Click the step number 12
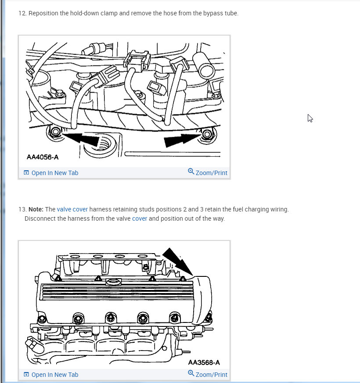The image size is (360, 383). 22,13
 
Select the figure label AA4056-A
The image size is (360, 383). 43,157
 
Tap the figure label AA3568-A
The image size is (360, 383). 204,362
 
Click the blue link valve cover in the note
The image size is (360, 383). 72,209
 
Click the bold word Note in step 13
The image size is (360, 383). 36,209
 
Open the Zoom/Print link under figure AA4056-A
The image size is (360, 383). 212,173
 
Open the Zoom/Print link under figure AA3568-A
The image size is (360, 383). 212,375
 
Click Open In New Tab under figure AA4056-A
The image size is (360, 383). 55,173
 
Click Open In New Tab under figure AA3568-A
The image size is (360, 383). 55,375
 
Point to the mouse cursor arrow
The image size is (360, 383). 310,118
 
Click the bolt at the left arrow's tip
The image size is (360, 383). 55,132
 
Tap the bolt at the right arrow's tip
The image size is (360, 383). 207,134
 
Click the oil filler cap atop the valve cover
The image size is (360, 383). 113,282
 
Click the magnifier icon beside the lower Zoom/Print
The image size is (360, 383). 191,373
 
